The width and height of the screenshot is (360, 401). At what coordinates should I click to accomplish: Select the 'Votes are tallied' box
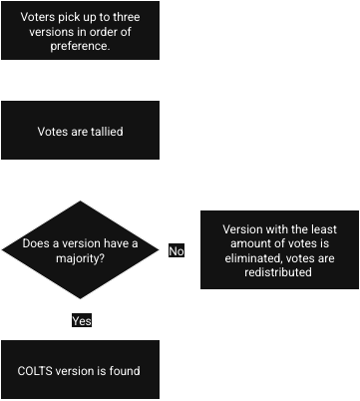(x=79, y=131)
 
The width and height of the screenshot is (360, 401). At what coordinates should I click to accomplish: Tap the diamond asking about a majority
(x=79, y=250)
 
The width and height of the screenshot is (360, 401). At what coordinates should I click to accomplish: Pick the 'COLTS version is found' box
(x=79, y=371)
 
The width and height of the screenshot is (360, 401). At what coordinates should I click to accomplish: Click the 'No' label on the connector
(x=177, y=250)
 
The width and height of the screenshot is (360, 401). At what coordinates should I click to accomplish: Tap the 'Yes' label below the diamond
(x=81, y=321)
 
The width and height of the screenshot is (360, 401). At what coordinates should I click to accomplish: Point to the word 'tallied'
(x=103, y=131)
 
